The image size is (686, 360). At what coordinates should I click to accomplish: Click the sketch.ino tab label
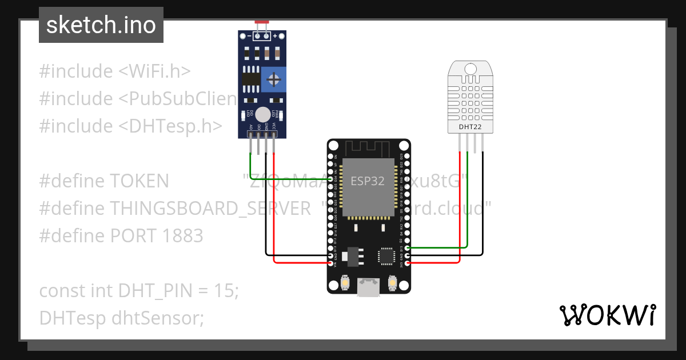[x=101, y=25]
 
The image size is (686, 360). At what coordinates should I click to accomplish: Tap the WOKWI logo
[x=607, y=315]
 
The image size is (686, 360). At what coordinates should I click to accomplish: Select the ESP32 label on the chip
[x=368, y=181]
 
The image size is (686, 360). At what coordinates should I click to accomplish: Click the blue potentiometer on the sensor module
[x=274, y=78]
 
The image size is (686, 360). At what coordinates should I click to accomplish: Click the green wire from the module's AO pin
[x=250, y=166]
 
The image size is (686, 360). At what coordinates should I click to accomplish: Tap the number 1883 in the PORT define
[x=182, y=235]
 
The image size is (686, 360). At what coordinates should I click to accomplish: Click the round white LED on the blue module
[x=262, y=114]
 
